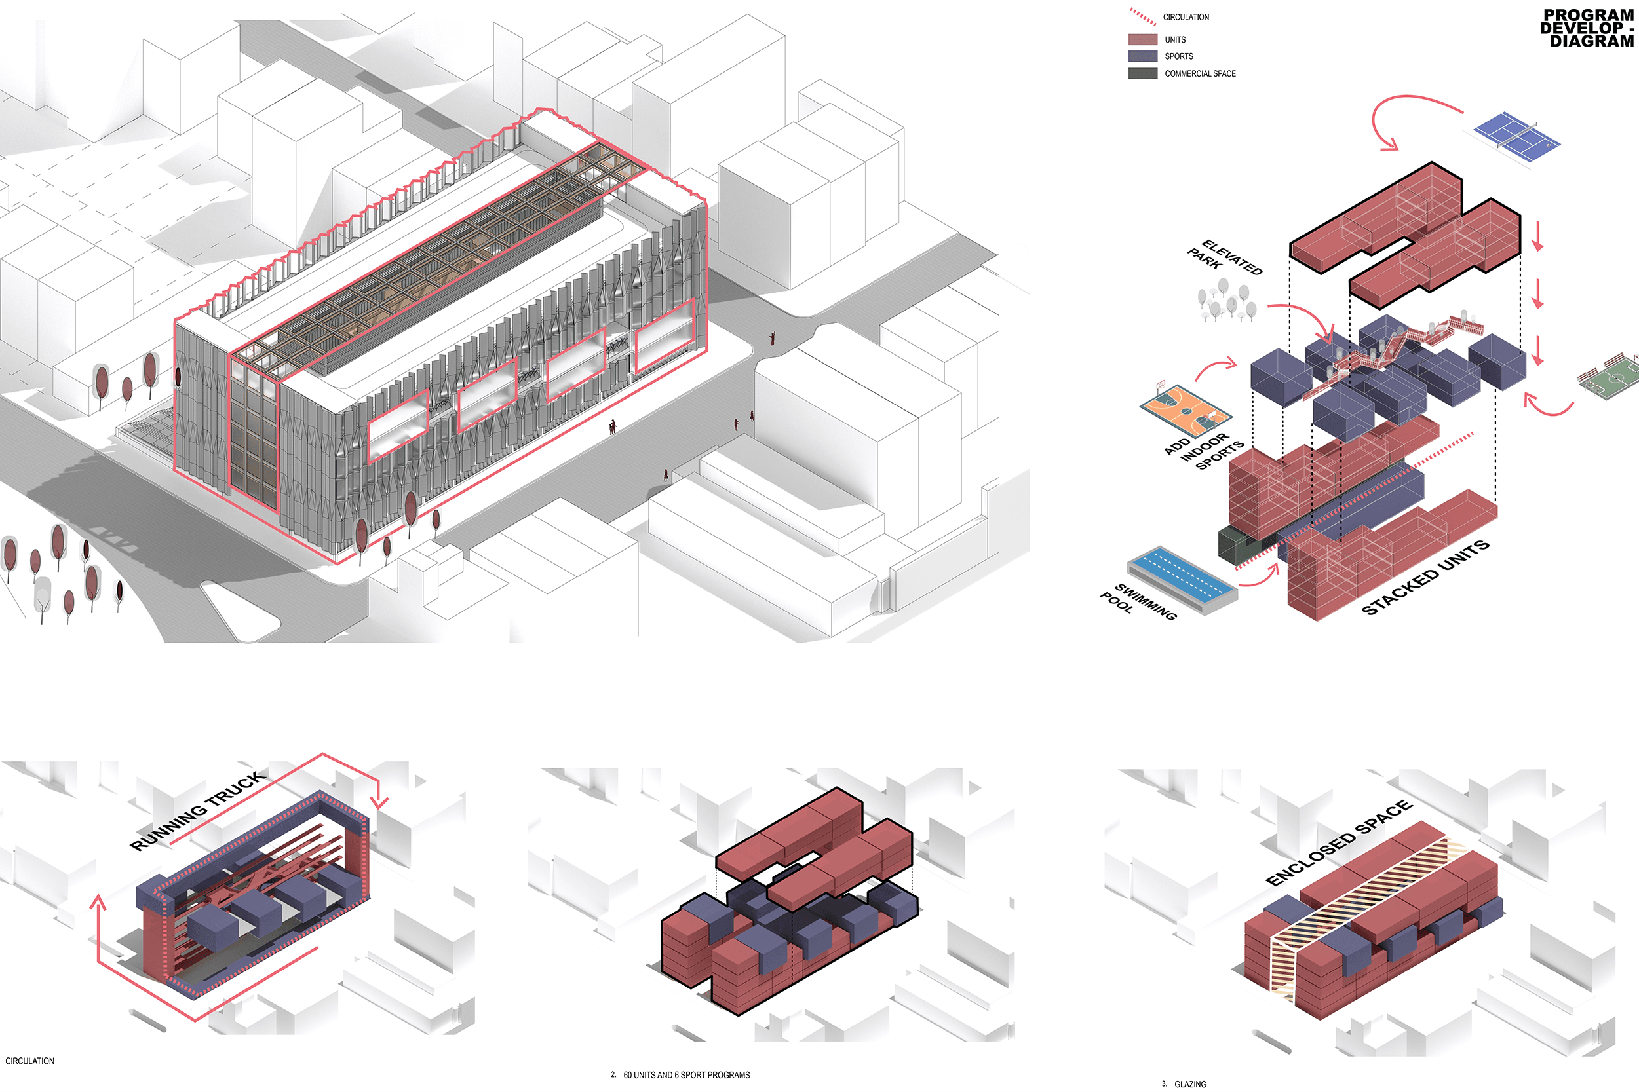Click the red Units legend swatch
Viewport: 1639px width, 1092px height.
[x=1142, y=40]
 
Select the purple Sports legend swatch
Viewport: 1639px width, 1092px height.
[x=1142, y=56]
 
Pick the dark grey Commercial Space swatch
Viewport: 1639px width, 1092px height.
[x=1142, y=73]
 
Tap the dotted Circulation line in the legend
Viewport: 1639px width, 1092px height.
[x=1142, y=17]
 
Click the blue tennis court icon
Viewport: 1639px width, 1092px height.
[x=1517, y=136]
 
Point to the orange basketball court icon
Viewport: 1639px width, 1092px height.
[x=1185, y=410]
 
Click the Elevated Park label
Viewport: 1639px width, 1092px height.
[x=1225, y=257]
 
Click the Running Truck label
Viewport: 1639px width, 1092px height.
[x=198, y=810]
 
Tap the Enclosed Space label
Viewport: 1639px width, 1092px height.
[x=1338, y=842]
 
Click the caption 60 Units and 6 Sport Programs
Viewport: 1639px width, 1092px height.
[x=686, y=1074]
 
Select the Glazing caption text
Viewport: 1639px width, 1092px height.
[x=1189, y=1083]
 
